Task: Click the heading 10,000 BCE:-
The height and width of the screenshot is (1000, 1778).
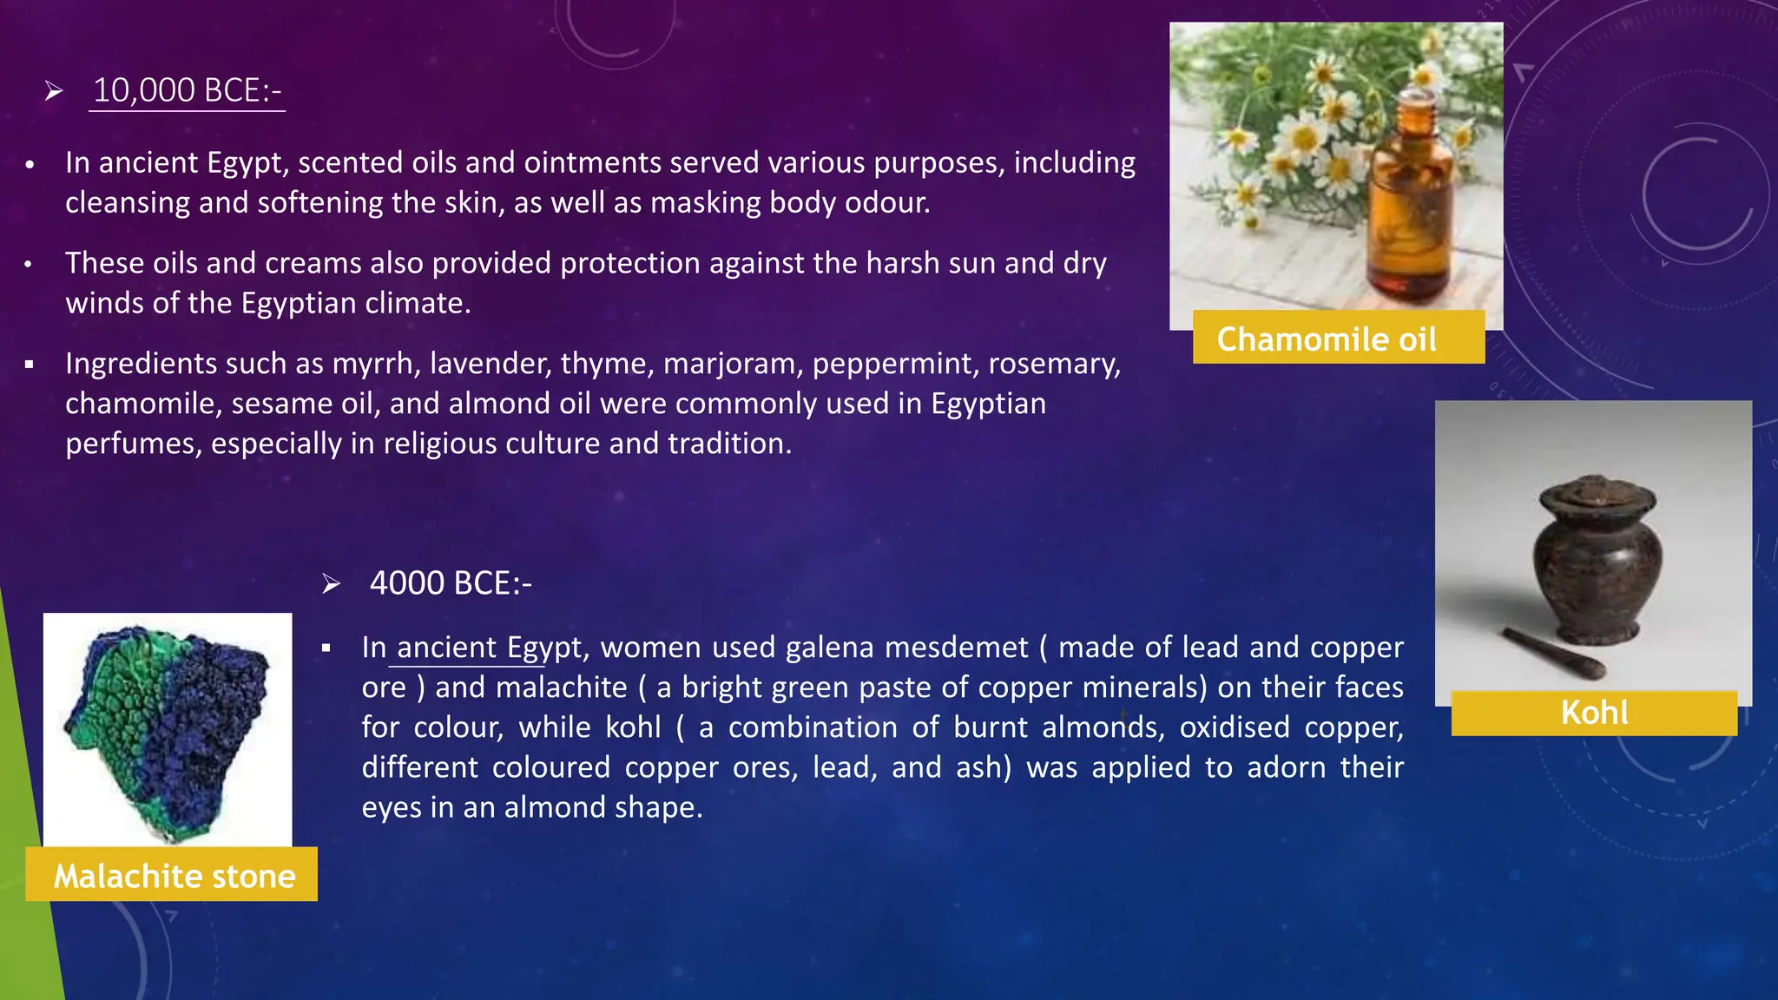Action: (187, 91)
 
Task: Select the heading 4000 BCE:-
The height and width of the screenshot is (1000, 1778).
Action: (451, 583)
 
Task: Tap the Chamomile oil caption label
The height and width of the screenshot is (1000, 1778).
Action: (1327, 339)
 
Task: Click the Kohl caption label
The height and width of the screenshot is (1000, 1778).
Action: (1594, 713)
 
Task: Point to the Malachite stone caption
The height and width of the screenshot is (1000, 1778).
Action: (174, 876)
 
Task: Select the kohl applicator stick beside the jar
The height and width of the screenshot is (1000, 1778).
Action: (1554, 652)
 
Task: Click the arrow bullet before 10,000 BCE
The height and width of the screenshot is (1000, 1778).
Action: (54, 91)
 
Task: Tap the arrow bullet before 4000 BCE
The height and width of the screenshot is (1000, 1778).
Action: (331, 584)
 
